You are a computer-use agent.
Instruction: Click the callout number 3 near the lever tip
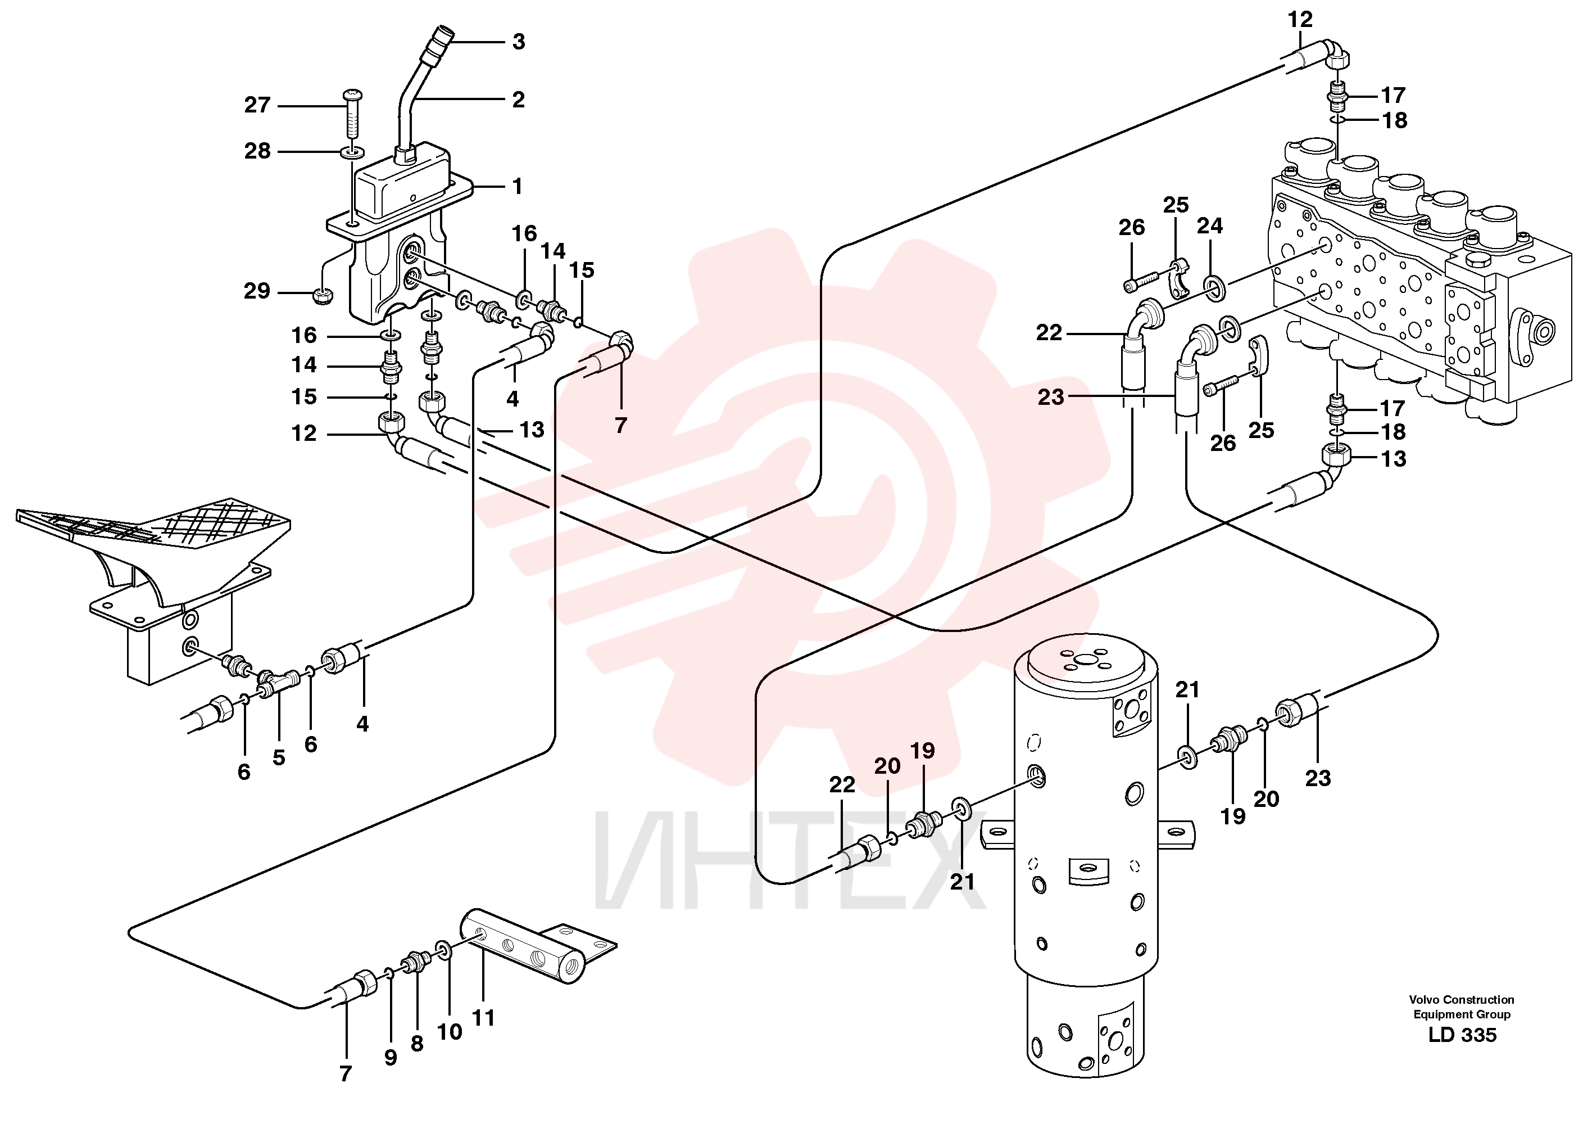click(518, 42)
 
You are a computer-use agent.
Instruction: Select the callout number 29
click(257, 291)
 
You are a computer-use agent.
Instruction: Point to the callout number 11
click(484, 1018)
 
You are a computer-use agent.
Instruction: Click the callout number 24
click(1210, 225)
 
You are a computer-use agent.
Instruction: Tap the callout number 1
click(517, 187)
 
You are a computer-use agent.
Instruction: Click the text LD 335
click(1462, 1034)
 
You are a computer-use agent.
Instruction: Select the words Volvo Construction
click(1462, 999)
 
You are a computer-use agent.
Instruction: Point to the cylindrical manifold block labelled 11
click(522, 946)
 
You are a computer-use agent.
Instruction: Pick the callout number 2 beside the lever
click(518, 100)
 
